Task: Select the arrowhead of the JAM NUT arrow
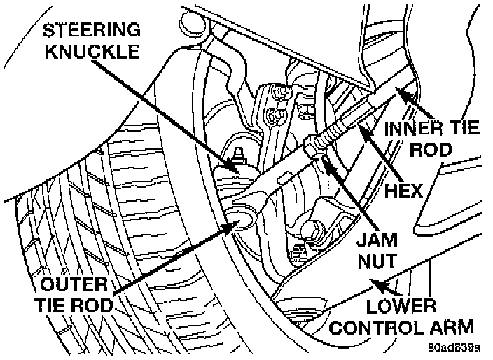pos(324,160)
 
